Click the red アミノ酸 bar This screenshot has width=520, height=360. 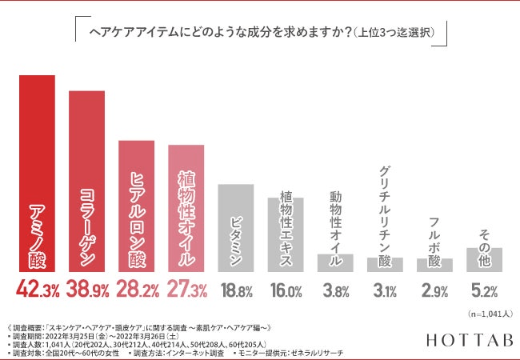pyautogui.click(x=37, y=173)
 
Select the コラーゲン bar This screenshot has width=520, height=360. pyautogui.click(x=86, y=181)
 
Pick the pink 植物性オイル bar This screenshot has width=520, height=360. pyautogui.click(x=186, y=208)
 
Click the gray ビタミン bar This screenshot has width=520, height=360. pyautogui.click(x=235, y=227)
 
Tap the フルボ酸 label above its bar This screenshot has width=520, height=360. pyautogui.click(x=434, y=232)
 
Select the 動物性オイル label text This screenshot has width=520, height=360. pyautogui.click(x=335, y=218)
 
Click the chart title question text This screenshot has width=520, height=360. pyautogui.click(x=260, y=33)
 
